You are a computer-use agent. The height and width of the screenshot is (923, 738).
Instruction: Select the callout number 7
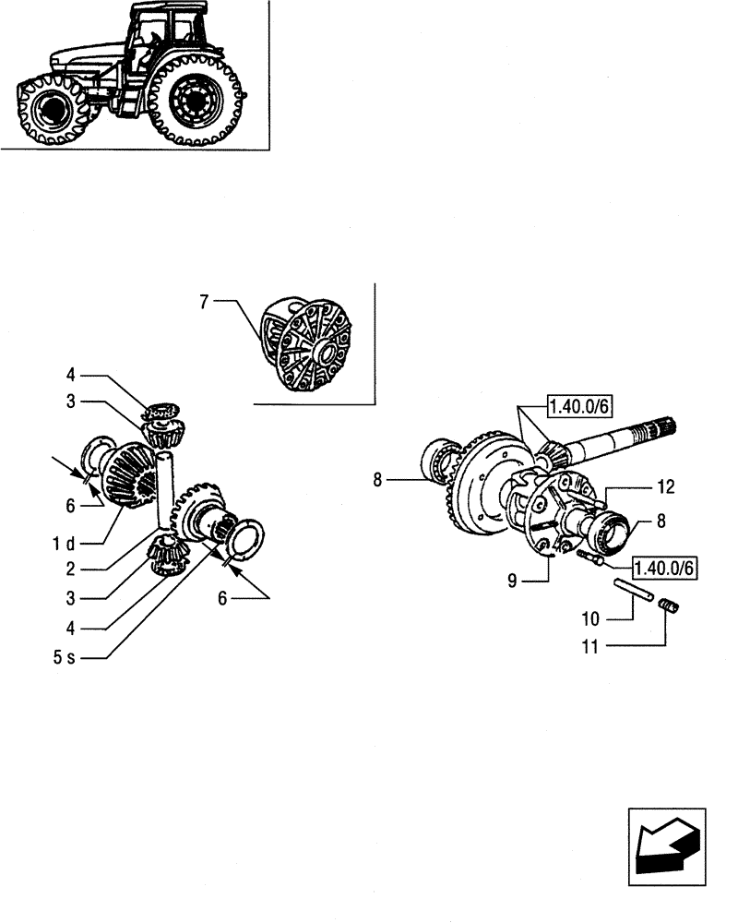click(x=205, y=301)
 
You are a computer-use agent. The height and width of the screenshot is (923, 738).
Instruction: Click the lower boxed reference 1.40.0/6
click(x=662, y=564)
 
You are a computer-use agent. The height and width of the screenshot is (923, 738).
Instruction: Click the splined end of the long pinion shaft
click(x=663, y=427)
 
